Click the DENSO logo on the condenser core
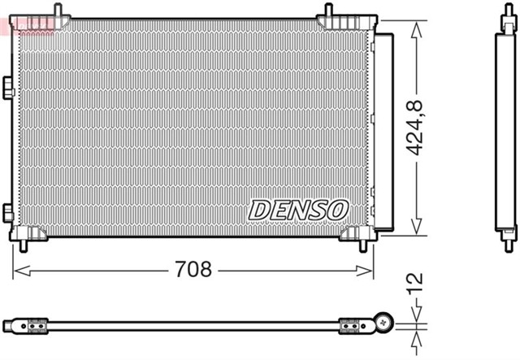(298, 210)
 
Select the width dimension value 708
(193, 269)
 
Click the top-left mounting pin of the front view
(59, 11)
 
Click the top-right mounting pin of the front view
(328, 11)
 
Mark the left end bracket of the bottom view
(37, 325)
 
